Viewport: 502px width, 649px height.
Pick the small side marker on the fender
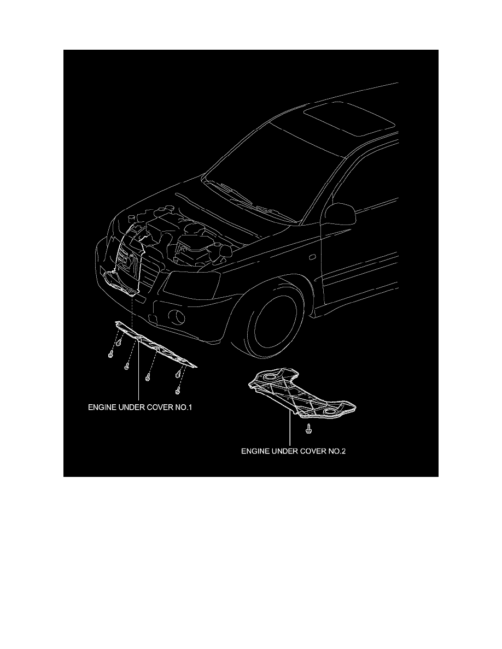coord(311,256)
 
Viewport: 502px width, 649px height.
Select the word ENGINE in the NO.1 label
coord(103,408)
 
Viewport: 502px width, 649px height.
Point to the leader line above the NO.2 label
coord(289,432)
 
